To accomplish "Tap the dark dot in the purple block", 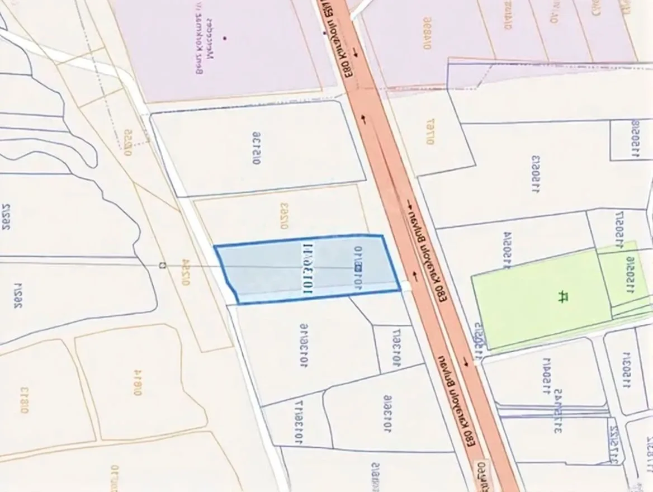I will click(224, 38).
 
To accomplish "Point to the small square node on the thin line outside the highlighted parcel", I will click(162, 264).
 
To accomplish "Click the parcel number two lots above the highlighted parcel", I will click(257, 149).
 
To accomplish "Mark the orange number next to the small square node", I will click(186, 272).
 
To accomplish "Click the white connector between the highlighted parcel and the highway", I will click(406, 286).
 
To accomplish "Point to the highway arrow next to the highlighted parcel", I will click(415, 275).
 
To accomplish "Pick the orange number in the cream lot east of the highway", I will click(430, 132).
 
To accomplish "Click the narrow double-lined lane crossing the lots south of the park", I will click(553, 412).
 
